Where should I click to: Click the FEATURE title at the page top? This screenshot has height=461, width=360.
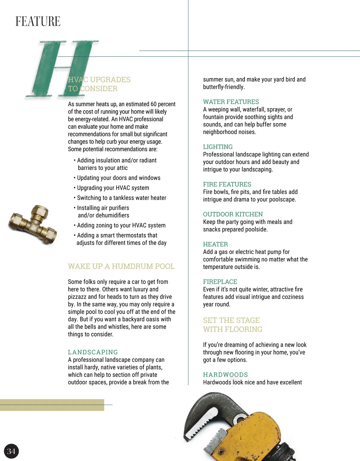(38, 22)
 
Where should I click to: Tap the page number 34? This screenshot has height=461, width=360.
(11, 451)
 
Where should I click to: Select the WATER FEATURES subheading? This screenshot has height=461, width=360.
(231, 102)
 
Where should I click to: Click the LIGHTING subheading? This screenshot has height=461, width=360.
(218, 147)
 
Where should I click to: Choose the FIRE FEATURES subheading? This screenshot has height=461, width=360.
(227, 184)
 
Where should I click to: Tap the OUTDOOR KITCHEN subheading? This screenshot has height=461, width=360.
(233, 214)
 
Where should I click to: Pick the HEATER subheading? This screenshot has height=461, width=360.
(215, 244)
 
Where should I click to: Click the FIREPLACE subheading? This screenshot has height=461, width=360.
(220, 282)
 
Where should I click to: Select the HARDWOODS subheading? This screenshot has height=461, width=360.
(225, 375)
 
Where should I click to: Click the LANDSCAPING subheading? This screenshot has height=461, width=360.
(93, 352)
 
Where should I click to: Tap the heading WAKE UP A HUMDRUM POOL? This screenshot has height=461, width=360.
(121, 266)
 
